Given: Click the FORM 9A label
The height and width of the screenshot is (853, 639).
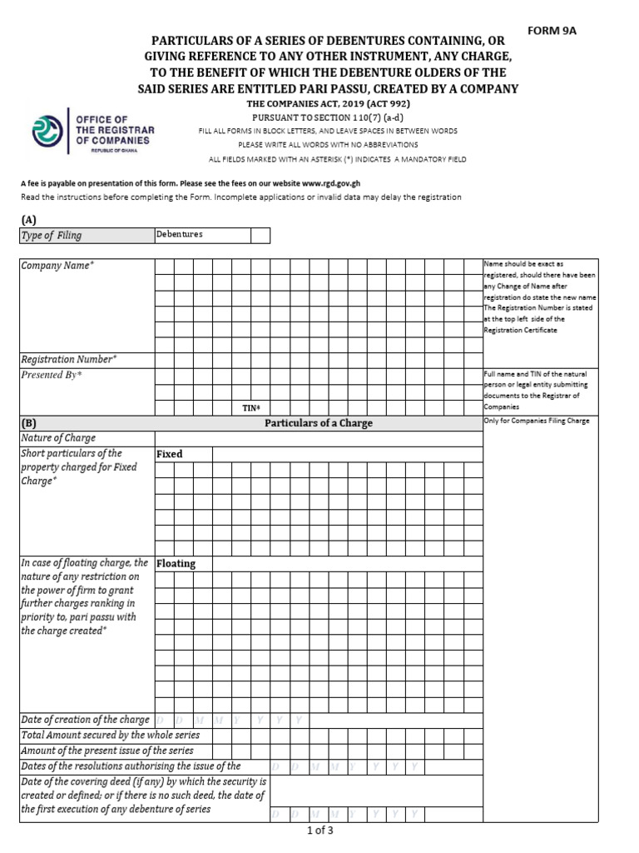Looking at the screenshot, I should pos(552,31).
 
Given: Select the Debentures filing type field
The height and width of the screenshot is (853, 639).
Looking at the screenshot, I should pos(202,235).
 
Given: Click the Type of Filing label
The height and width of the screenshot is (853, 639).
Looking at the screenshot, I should pos(52,236).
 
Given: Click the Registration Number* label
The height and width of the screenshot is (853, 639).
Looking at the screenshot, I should pos(69,359).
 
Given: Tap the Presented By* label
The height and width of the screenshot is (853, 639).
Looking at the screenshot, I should pos(52,375).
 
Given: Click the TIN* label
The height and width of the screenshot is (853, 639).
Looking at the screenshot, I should pos(251,407).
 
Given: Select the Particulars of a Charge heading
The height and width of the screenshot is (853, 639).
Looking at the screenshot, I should pos(319,423).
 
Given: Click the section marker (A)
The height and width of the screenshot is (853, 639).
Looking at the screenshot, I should pos(29,219).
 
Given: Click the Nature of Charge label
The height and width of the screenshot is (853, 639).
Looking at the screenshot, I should pos(58,438).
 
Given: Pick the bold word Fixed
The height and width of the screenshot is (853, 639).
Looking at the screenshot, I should pos(170,454).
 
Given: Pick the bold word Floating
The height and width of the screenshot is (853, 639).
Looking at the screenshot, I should pos(176,563).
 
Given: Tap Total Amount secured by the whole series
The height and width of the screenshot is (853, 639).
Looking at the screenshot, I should pos(111,735).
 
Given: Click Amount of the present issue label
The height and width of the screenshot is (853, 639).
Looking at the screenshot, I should pos(106,750).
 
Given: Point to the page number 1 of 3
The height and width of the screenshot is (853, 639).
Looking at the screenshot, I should pos(319,830).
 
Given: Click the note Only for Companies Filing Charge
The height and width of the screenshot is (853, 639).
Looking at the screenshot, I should pos(537,422).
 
